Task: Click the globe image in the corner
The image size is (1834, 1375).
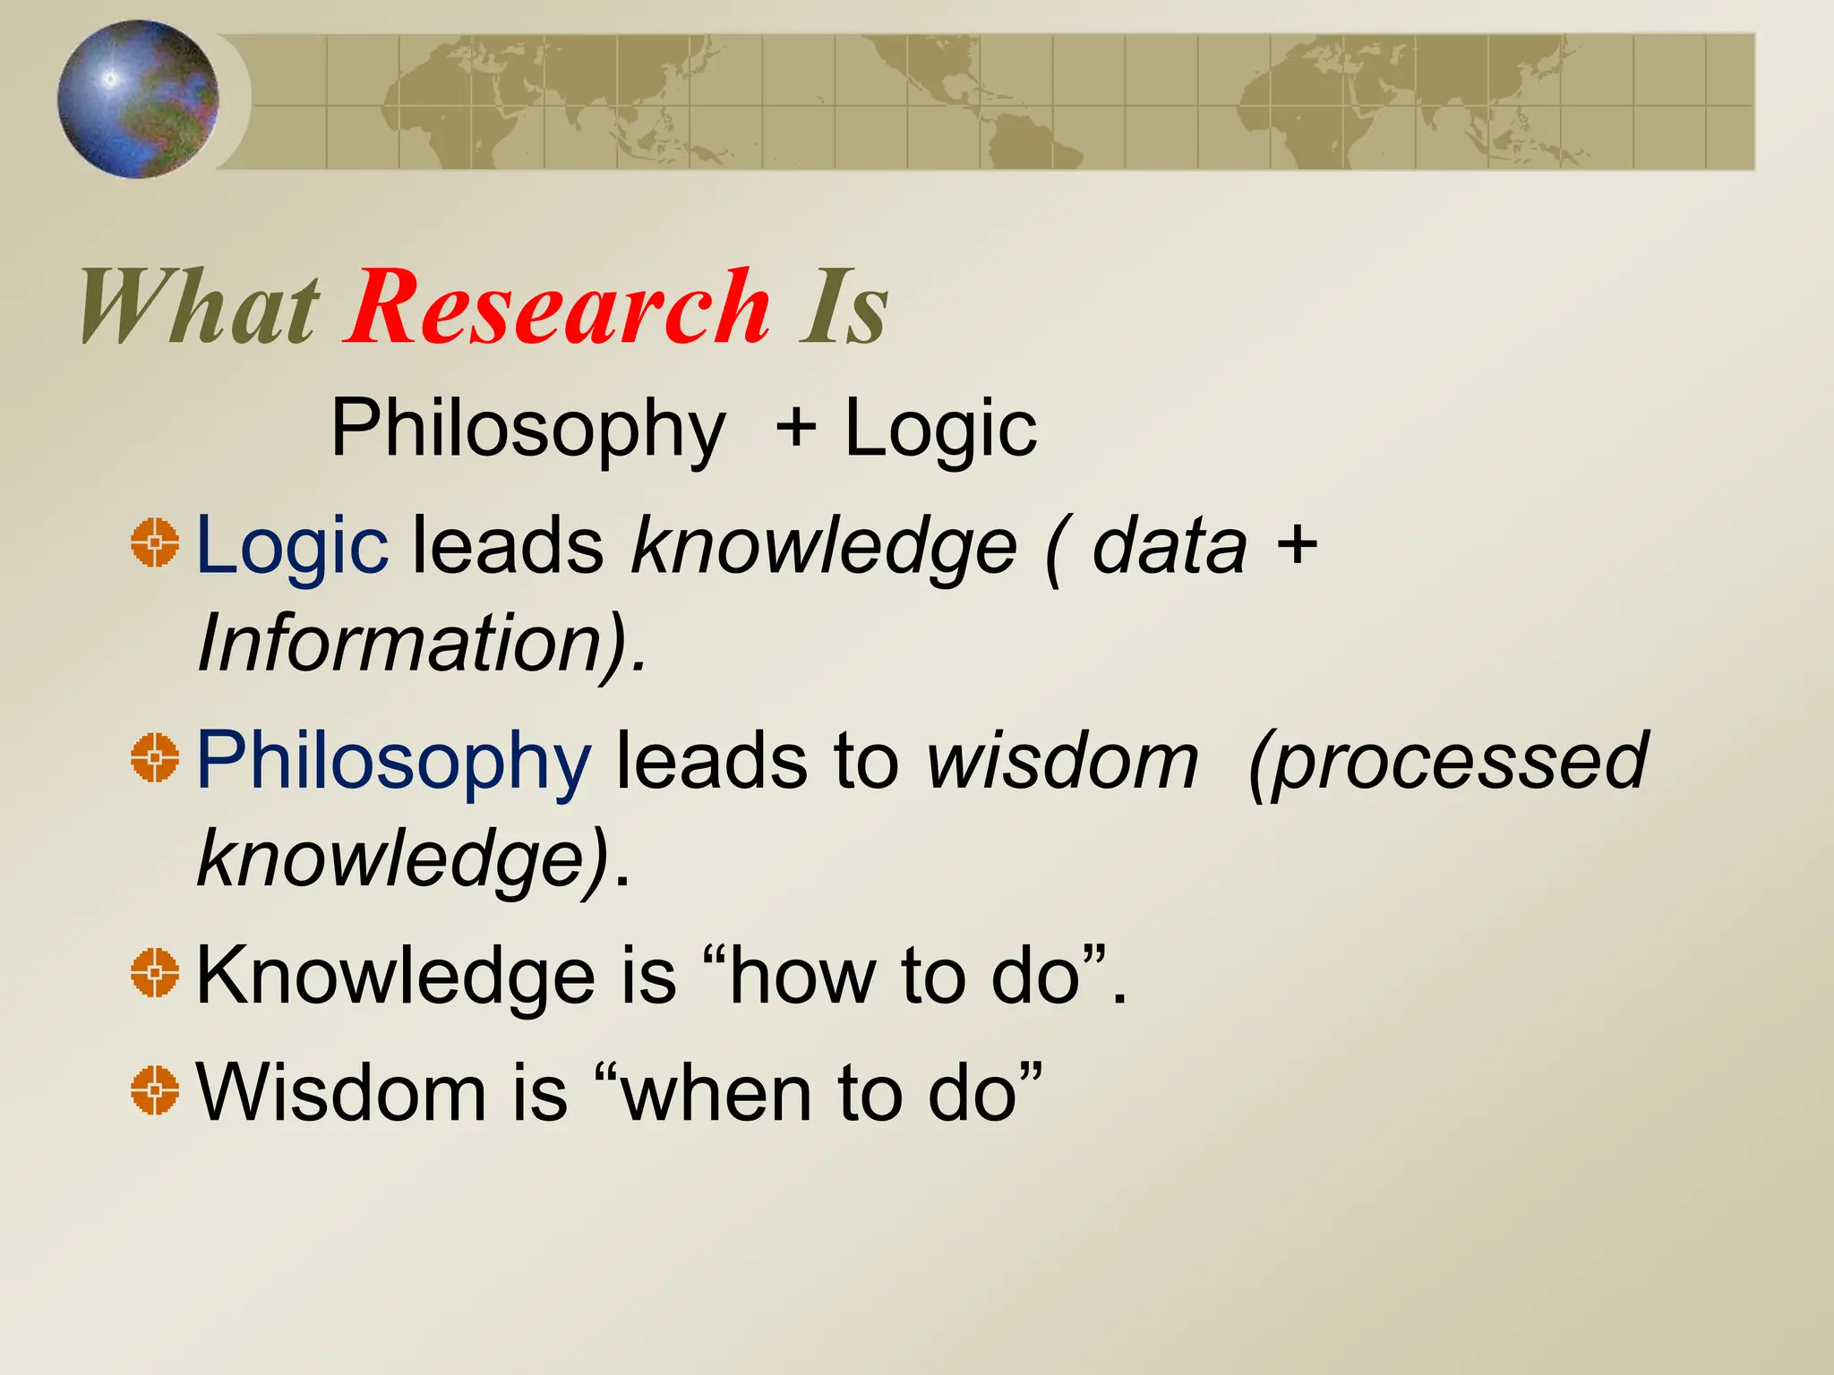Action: (x=138, y=98)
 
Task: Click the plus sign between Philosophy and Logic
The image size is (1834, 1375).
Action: (x=795, y=428)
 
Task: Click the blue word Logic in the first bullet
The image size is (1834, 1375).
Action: (x=292, y=546)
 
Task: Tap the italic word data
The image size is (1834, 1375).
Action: (x=1170, y=546)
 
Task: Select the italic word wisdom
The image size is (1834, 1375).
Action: (x=1062, y=761)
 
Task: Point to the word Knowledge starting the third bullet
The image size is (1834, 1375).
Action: (x=395, y=976)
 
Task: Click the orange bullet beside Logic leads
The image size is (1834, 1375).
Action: (x=155, y=542)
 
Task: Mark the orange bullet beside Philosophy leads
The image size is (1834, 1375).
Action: (x=155, y=757)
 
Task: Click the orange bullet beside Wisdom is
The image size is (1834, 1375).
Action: (x=155, y=1089)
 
